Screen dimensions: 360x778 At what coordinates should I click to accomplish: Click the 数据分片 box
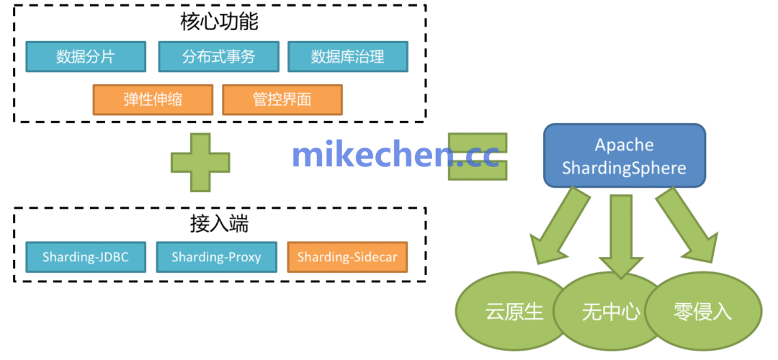pos(86,57)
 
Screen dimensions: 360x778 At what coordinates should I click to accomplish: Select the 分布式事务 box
pos(218,57)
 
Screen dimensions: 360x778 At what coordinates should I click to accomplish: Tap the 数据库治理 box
pos(348,57)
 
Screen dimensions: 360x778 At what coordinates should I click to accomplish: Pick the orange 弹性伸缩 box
pos(153,99)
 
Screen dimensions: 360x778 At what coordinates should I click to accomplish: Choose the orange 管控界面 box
pos(282,99)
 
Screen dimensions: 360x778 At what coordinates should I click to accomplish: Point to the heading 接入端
pos(220,225)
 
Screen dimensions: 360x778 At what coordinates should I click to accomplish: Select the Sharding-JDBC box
pos(86,257)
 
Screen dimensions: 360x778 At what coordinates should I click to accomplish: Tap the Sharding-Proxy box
pos(216,257)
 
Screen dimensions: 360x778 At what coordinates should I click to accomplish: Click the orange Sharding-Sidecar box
pos(347,257)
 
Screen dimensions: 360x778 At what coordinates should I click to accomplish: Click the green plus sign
pos(200,162)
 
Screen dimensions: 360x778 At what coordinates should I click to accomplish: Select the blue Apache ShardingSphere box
pos(624,156)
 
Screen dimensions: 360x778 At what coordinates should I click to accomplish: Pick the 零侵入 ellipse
pos(703,312)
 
